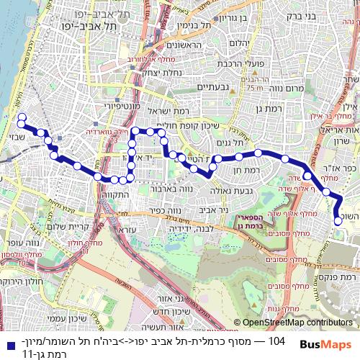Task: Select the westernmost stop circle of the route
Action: coord(22,117)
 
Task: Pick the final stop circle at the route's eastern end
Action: coord(338,220)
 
